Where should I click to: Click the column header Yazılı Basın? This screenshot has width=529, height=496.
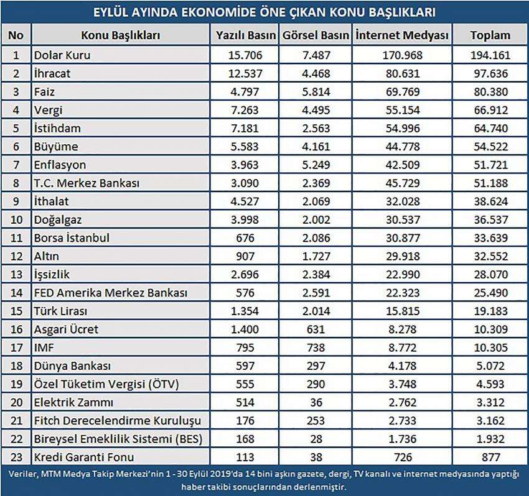coord(246,35)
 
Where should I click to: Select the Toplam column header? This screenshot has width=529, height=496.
coord(490,35)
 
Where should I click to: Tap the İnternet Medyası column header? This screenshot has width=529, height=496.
coord(402,35)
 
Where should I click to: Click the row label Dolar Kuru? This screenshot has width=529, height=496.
coord(62,55)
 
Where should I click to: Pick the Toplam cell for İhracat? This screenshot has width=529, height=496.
coord(490,73)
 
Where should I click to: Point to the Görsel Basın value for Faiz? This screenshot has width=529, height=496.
coord(316,91)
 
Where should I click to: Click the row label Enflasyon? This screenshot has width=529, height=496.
coord(60,165)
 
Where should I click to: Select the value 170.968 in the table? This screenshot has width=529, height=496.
coord(402,55)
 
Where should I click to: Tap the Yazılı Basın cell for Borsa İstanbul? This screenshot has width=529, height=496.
coord(245,238)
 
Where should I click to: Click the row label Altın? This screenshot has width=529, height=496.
coord(46,256)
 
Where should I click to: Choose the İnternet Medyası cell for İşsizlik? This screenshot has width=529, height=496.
coord(403,274)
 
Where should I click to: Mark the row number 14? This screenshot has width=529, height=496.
coord(16,293)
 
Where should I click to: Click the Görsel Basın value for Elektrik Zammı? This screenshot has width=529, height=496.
coord(316,402)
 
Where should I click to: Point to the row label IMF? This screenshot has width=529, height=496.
coord(44,347)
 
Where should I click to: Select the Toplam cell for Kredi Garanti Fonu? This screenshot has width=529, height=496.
coord(491,457)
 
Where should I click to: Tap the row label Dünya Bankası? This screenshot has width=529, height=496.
coord(72,365)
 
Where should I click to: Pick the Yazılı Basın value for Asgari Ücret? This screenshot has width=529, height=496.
coord(245,329)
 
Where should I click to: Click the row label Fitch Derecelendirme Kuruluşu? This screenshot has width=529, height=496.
coord(118,421)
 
